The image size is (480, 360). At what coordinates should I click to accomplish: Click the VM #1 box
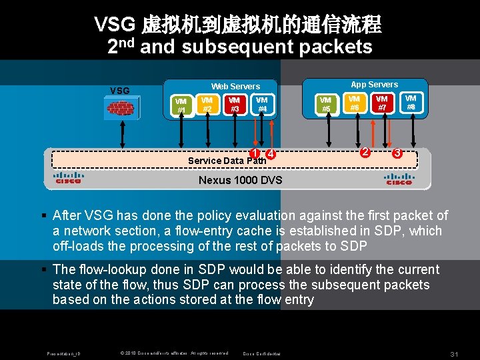181,106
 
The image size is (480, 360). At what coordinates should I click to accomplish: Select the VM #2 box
207,104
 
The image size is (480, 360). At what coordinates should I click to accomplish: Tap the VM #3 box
234,104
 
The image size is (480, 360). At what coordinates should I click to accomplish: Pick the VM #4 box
262,104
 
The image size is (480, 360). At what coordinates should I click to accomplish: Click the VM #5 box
326,105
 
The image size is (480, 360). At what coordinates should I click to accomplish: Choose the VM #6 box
354,102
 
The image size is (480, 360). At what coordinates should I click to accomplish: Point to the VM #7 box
382,102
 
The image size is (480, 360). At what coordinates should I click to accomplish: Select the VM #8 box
411,102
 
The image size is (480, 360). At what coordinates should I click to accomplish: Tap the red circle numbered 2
365,152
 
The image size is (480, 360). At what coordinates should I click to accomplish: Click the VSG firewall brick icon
121,108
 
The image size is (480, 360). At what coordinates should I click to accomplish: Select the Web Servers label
235,87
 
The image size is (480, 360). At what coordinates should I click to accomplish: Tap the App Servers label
374,85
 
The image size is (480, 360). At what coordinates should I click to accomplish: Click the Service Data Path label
227,161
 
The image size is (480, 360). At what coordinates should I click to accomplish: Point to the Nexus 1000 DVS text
241,180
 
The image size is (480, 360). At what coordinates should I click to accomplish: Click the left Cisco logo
68,179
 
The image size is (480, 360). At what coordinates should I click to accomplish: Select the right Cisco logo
399,179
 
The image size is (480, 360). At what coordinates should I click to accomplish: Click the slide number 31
455,353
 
